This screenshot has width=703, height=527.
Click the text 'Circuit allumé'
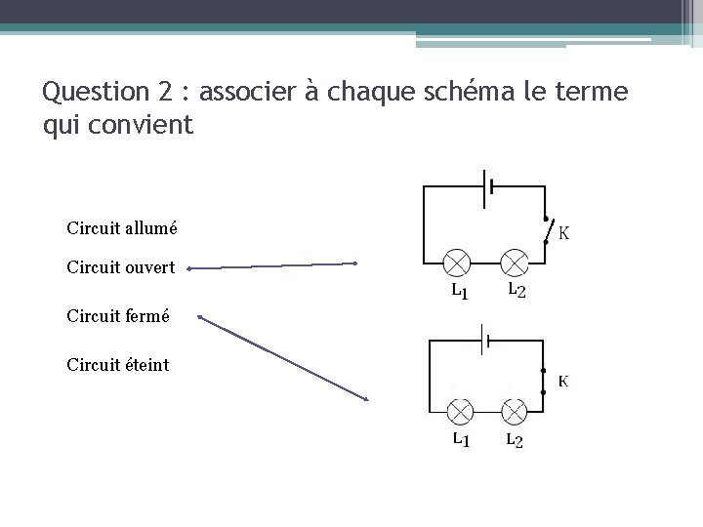(122, 228)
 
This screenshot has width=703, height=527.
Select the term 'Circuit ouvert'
(121, 265)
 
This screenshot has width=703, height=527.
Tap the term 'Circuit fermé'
(118, 316)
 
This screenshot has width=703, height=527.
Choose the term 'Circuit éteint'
(117, 365)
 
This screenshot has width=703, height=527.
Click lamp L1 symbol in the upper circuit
(458, 263)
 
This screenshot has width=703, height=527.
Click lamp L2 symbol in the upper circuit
(514, 263)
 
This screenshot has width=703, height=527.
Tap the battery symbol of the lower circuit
(485, 342)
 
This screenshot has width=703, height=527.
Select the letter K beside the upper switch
(564, 232)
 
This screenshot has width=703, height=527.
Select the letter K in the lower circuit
(563, 381)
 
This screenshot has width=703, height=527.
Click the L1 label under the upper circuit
(458, 291)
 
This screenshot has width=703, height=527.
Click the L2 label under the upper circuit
(516, 291)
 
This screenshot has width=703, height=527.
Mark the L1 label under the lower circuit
(460, 440)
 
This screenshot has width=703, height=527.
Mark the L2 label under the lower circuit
(515, 441)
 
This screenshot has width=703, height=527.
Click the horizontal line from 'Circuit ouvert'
(272, 264)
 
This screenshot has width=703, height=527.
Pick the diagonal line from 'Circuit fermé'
(283, 358)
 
